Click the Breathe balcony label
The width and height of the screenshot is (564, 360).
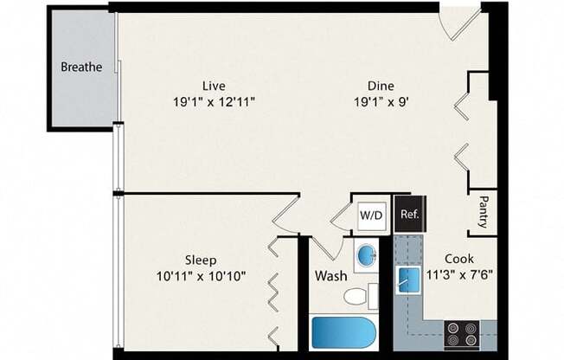click(81, 67)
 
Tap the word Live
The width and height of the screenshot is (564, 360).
click(213, 86)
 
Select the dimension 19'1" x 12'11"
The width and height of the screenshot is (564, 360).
click(213, 101)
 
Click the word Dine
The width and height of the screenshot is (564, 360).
click(381, 86)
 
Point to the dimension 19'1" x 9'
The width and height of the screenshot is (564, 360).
click(381, 101)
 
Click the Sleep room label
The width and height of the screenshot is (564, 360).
click(200, 260)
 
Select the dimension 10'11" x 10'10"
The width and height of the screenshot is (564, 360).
click(200, 276)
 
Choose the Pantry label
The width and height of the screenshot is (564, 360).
click(483, 213)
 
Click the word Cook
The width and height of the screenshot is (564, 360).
click(458, 259)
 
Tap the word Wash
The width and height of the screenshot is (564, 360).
click(330, 276)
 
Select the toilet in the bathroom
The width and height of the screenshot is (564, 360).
click(357, 297)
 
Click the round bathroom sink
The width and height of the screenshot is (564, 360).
click(366, 256)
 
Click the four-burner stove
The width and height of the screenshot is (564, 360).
click(461, 331)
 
